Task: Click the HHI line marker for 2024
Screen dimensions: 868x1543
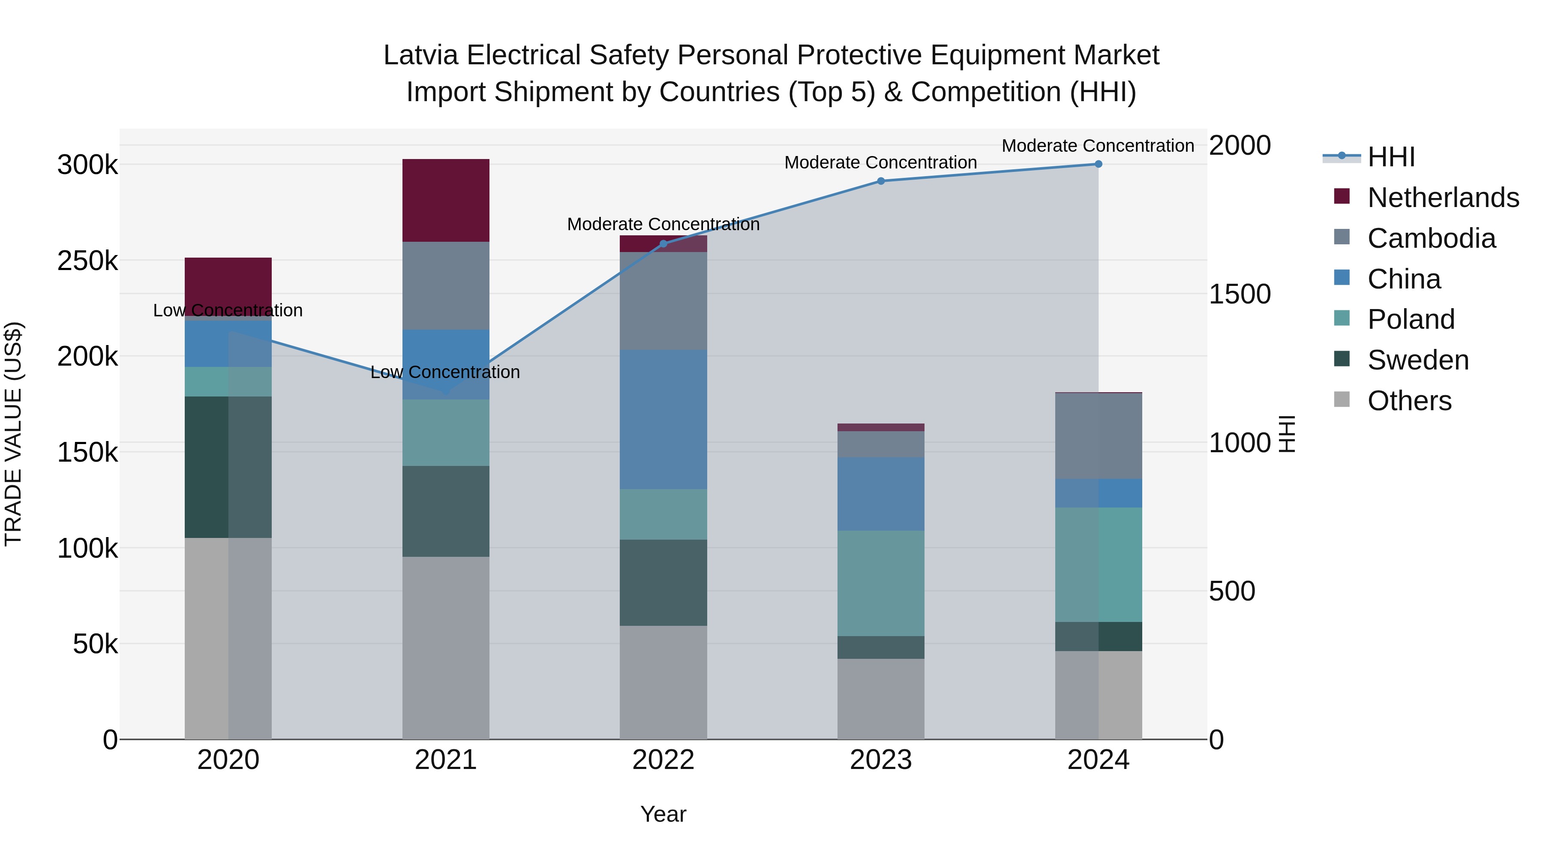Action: point(1098,164)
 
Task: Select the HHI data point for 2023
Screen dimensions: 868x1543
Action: point(880,181)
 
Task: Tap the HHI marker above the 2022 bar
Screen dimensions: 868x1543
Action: point(663,244)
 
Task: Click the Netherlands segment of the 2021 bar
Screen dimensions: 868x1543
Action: point(446,200)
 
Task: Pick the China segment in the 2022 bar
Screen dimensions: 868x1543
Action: point(663,419)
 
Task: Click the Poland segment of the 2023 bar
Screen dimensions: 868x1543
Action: point(880,583)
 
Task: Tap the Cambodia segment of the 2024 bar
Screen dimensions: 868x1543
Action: point(1098,436)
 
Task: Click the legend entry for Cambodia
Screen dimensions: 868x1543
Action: point(1431,238)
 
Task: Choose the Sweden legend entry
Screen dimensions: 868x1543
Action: point(1418,360)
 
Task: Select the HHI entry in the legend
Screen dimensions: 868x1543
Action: point(1391,157)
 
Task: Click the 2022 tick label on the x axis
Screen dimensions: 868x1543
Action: point(663,760)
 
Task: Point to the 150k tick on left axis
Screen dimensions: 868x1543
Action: point(87,452)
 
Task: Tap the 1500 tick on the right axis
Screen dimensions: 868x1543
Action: point(1239,294)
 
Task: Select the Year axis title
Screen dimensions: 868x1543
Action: point(663,814)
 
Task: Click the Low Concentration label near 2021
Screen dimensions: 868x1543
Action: point(445,372)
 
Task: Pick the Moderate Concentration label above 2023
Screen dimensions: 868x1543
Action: point(880,162)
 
